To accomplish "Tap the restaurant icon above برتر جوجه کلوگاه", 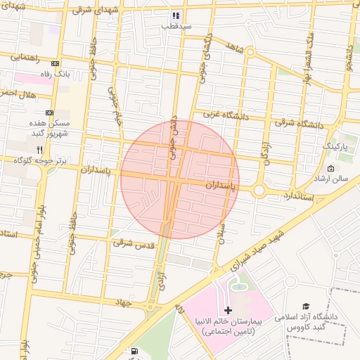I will click(40, 149).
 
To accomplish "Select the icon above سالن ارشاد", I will click(330, 168).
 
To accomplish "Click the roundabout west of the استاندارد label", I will click(259, 190).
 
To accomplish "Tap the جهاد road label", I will click(125, 301).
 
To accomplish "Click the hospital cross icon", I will click(227, 310).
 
